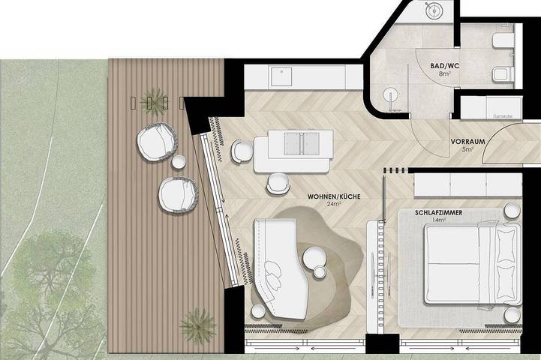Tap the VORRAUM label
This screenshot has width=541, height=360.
click(467, 141)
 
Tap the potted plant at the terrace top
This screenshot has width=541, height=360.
click(154, 98)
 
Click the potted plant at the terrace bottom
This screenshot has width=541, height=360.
click(197, 324)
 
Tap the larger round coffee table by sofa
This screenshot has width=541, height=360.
click(312, 258)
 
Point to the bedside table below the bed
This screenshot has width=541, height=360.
click(512, 313)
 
